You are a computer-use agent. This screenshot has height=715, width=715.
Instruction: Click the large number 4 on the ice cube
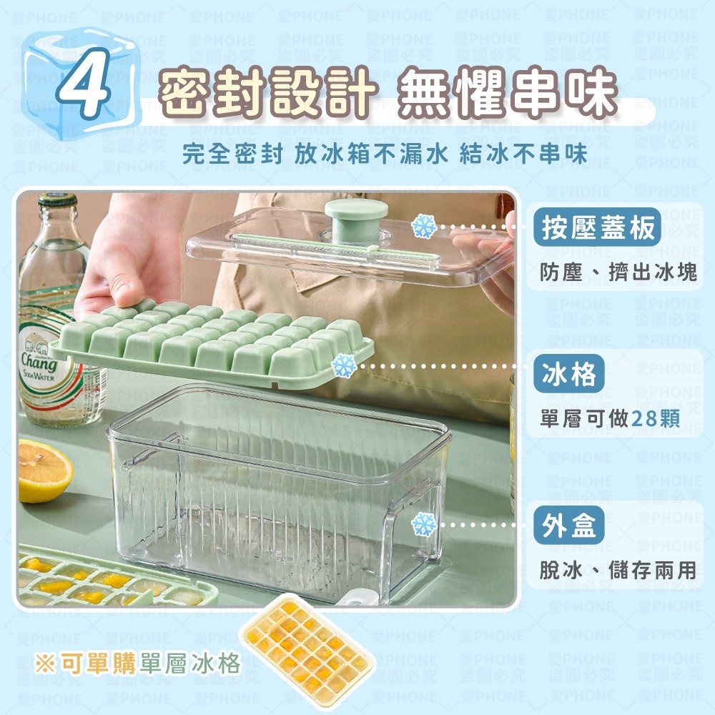tap(85, 90)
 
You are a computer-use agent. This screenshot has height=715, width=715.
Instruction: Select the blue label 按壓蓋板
tap(598, 229)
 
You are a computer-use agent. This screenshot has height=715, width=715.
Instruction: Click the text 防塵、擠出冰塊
tap(618, 272)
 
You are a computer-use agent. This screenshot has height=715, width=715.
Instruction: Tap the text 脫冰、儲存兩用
tap(618, 570)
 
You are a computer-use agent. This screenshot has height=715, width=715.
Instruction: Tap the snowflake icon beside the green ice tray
tap(344, 365)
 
